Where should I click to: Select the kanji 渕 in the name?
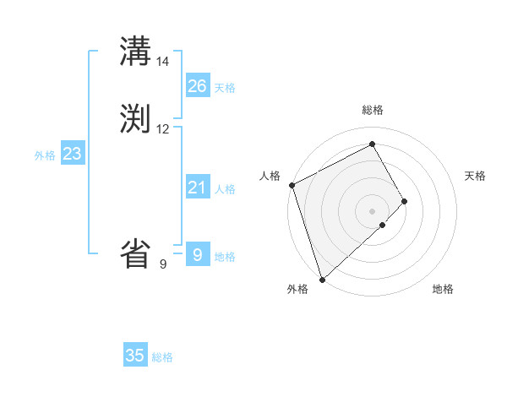click(x=136, y=119)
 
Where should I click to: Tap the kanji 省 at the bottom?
click(x=136, y=253)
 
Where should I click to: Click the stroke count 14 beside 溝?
click(x=163, y=62)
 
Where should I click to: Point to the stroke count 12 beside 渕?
click(x=163, y=129)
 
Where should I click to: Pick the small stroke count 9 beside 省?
click(x=163, y=264)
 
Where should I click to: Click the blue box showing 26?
click(x=198, y=85)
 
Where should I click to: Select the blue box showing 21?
click(x=198, y=188)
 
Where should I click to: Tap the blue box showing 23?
click(x=72, y=154)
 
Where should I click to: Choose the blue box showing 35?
click(x=135, y=356)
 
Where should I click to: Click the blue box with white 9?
click(x=198, y=254)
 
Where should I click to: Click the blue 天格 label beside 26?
click(x=225, y=88)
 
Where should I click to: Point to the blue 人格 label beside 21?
click(x=225, y=189)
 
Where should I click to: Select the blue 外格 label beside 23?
click(x=45, y=155)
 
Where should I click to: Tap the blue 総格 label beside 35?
click(x=162, y=358)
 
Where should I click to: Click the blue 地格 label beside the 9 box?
click(x=225, y=257)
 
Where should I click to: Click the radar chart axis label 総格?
click(x=373, y=110)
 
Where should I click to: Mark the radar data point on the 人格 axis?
click(x=292, y=185)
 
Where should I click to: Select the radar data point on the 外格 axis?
click(x=321, y=279)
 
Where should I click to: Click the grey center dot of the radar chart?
click(x=373, y=210)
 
